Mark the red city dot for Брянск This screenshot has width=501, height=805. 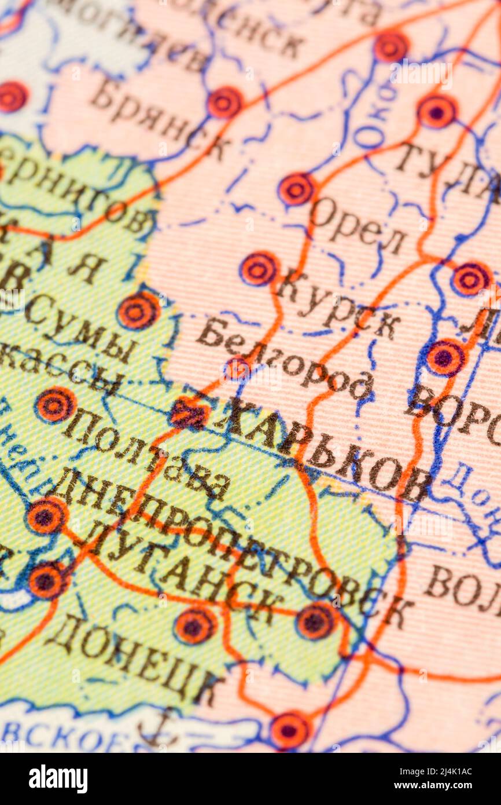click(x=224, y=102)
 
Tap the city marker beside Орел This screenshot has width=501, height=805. click(x=296, y=189)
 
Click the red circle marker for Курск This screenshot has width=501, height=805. click(x=259, y=269)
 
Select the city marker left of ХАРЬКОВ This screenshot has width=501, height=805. click(x=189, y=413)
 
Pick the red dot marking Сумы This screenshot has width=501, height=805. click(x=138, y=311)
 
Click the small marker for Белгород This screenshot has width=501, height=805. click(x=237, y=368)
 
